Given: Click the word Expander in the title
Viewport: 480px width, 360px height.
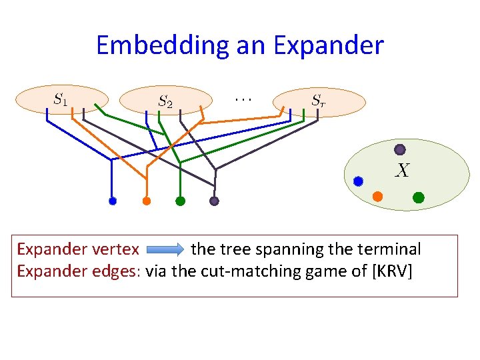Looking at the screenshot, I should [x=328, y=46].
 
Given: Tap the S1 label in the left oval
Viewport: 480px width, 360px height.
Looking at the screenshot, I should [x=60, y=99].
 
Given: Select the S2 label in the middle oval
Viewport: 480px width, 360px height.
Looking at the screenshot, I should [x=165, y=101].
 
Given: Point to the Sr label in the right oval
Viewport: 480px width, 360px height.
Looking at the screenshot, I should [x=319, y=101].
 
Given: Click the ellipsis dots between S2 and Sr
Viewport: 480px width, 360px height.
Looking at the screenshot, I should [x=242, y=98].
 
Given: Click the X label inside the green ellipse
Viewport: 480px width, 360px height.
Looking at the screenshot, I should [x=401, y=171].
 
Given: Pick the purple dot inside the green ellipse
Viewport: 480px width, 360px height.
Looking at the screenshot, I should [x=399, y=149].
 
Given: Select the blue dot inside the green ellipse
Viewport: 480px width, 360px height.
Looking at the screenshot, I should [x=358, y=181].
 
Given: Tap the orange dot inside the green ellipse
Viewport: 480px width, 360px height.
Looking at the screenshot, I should [x=377, y=197].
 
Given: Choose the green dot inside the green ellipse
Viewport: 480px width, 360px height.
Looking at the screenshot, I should [x=419, y=197].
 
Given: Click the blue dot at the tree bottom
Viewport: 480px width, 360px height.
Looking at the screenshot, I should [x=113, y=201].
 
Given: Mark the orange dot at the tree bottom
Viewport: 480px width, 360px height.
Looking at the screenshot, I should [x=147, y=201].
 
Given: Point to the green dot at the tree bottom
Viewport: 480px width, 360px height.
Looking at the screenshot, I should [x=180, y=201].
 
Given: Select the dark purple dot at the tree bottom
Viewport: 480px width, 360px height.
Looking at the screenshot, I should [x=214, y=201].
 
